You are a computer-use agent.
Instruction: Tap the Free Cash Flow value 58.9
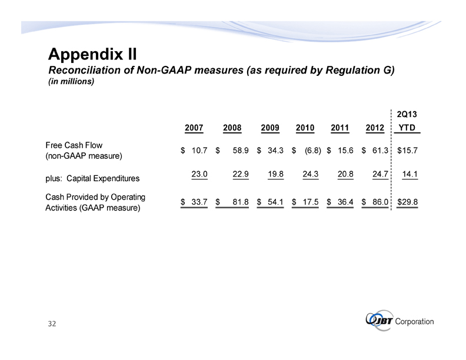238,151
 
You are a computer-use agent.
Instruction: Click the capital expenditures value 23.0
198,174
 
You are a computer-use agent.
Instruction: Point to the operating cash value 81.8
238,202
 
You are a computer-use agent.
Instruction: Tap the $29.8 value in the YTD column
408,202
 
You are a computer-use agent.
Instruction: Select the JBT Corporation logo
400,322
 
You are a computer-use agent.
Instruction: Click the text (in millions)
71,82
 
